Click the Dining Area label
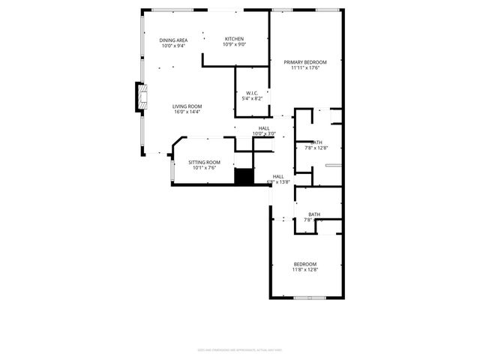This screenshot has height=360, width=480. [x=173, y=40]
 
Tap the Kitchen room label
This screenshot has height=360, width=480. [x=234, y=38]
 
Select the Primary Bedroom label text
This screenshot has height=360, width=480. [x=306, y=61]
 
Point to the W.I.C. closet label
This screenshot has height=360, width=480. [x=252, y=93]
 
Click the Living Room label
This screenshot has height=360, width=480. [x=187, y=106]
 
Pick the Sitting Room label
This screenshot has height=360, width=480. [x=203, y=162]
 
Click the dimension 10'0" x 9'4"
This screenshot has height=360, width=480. [x=173, y=46]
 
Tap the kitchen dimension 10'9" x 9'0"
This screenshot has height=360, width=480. [x=234, y=44]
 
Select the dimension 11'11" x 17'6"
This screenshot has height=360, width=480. [x=306, y=67]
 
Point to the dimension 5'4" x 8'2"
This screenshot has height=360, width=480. [x=252, y=98]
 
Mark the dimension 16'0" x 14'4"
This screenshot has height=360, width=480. [x=187, y=112]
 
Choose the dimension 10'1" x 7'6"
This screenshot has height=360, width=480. [x=203, y=168]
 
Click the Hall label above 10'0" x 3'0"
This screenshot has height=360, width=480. [x=264, y=128]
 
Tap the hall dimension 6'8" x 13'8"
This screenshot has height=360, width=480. [x=278, y=181]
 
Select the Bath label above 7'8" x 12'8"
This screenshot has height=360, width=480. [x=316, y=142]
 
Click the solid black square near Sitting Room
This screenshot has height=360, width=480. [x=243, y=177]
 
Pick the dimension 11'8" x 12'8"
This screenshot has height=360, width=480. [x=305, y=270]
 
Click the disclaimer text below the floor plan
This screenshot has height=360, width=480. [x=239, y=349]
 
